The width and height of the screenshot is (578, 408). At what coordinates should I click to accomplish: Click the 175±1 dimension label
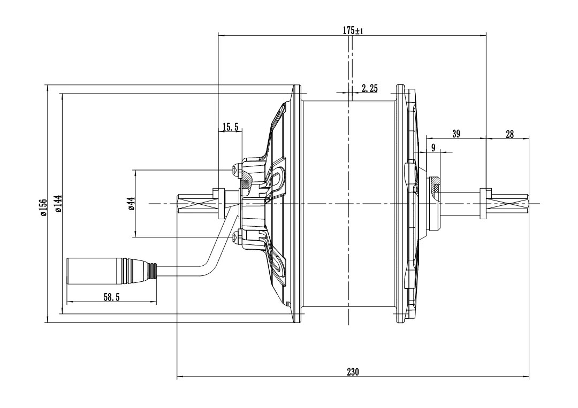tap(353, 31)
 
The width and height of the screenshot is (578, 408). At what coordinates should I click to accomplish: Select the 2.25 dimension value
tap(369, 89)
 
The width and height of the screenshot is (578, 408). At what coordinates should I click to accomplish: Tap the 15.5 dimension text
tap(231, 127)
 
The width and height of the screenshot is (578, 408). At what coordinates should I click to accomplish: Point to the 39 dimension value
tap(456, 134)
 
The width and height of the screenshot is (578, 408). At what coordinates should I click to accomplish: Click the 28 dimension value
tap(509, 134)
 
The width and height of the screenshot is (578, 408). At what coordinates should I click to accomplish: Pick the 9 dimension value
tap(433, 148)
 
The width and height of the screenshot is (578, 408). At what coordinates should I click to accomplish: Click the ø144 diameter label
tap(58, 204)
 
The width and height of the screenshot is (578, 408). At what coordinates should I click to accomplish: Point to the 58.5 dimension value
tap(111, 297)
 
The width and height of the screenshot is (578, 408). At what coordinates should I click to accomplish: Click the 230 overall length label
tap(353, 372)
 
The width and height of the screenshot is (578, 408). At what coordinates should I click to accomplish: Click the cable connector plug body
tap(94, 271)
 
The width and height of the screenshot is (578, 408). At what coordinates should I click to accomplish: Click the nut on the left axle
tap(218, 203)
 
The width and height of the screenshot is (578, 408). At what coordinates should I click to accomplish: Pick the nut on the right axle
tap(485, 204)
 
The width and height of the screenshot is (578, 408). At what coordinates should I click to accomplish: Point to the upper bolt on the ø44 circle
tap(236, 171)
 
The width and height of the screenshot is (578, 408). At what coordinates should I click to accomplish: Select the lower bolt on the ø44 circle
tap(236, 236)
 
